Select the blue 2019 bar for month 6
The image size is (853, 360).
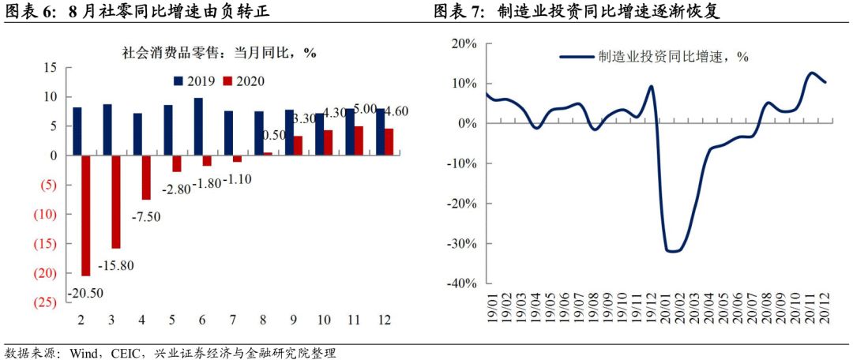pos(198,126)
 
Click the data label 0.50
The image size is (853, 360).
pos(273,134)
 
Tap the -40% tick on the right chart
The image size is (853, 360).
pos(463,283)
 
